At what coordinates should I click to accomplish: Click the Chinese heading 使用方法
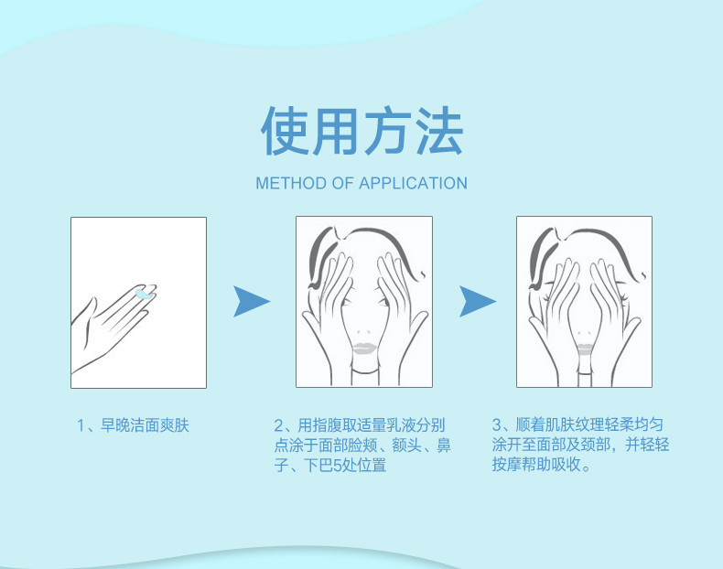pyautogui.click(x=362, y=131)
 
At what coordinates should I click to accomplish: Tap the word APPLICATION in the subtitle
pyautogui.click(x=413, y=183)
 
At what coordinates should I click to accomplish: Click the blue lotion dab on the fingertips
pyautogui.click(x=144, y=294)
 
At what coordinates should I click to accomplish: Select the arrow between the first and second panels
pyautogui.click(x=251, y=301)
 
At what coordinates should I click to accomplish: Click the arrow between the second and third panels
pyautogui.click(x=477, y=301)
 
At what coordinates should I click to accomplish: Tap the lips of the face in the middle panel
pyautogui.click(x=364, y=349)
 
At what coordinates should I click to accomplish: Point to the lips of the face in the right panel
pyautogui.click(x=586, y=349)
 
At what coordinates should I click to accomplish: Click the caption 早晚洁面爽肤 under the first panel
pyautogui.click(x=145, y=425)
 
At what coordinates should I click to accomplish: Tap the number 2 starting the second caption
pyautogui.click(x=278, y=425)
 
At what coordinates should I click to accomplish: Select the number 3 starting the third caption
pyautogui.click(x=497, y=424)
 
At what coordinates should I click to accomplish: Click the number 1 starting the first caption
pyautogui.click(x=81, y=425)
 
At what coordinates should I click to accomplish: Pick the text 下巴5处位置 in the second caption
pyautogui.click(x=345, y=466)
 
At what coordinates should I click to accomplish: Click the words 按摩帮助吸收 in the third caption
pyautogui.click(x=536, y=465)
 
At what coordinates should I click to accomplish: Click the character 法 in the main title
pyautogui.click(x=439, y=131)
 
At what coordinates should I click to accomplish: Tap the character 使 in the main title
pyautogui.click(x=285, y=131)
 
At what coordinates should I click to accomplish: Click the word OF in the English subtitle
pyautogui.click(x=342, y=183)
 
